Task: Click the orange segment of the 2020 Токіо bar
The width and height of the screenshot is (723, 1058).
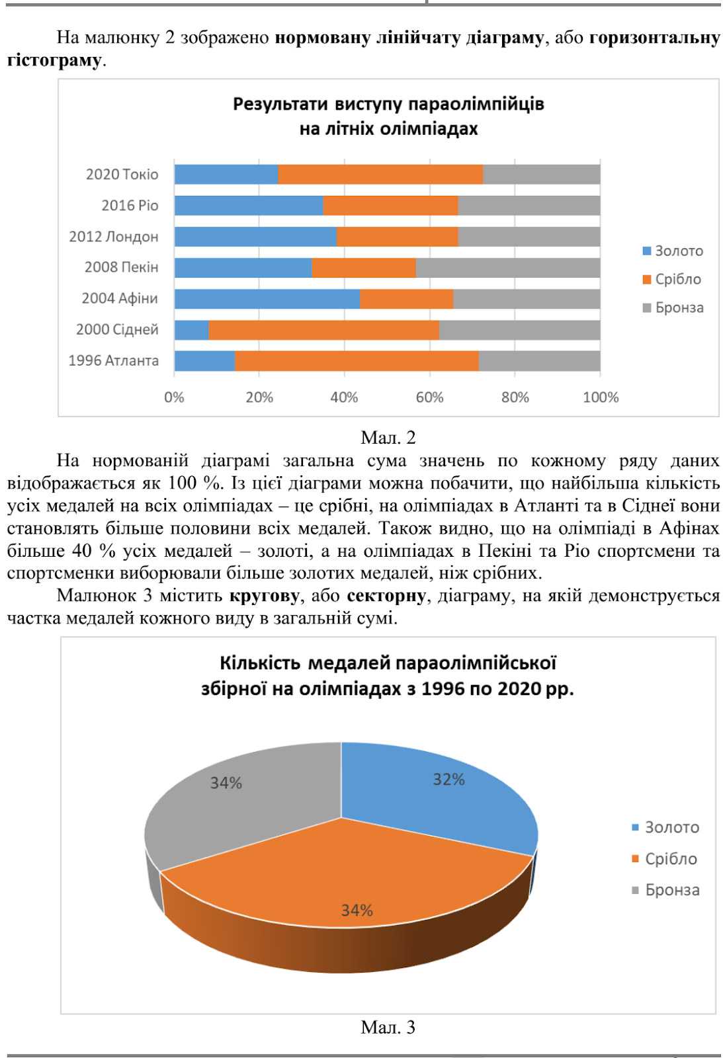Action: coord(380,175)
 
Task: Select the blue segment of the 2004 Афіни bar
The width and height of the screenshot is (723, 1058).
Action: coord(267,299)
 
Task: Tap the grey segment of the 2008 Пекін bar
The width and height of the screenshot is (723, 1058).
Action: coord(508,268)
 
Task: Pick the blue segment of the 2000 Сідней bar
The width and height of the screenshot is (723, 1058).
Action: coord(192,330)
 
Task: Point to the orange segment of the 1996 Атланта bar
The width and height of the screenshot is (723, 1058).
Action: coord(357,361)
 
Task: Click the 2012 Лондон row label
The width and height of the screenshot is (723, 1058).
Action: coord(114,237)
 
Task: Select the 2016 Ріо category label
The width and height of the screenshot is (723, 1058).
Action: coord(130,206)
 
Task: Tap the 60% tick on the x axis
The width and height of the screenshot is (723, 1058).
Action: coord(429,397)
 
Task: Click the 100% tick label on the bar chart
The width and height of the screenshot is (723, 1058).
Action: coord(601,397)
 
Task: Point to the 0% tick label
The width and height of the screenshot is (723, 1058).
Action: coord(174,397)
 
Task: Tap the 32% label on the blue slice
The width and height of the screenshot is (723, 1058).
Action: coord(448,780)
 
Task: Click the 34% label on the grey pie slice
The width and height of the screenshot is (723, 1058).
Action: coord(226,783)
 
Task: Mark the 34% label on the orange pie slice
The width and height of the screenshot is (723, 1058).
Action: coord(357,911)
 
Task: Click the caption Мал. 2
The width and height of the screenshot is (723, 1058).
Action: coord(388,438)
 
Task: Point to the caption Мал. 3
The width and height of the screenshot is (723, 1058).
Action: coord(388,1027)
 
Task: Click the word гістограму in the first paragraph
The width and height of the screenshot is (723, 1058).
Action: coord(54,60)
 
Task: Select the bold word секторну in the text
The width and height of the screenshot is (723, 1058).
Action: coord(386,596)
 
